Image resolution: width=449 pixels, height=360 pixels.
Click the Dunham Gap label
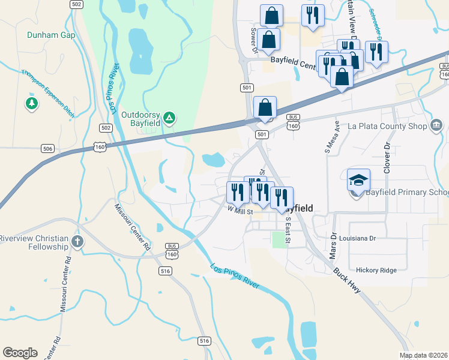tap(51, 35)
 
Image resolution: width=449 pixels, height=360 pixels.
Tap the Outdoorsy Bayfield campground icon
tap(169, 116)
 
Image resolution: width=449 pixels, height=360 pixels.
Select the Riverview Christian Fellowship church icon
tap(77, 242)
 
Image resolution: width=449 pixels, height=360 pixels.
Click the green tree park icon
tap(32, 104)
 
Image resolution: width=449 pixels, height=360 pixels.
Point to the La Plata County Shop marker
tap(436, 126)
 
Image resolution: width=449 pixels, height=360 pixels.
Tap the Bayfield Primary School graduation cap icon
tap(358, 179)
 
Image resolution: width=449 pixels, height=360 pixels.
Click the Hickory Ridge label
tap(376, 270)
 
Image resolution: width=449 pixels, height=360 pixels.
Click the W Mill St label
tap(240, 211)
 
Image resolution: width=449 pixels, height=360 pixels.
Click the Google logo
tap(20, 353)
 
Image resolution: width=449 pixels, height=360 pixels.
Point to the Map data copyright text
tap(423, 355)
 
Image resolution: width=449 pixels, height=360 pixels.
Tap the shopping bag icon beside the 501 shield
tap(265, 108)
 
